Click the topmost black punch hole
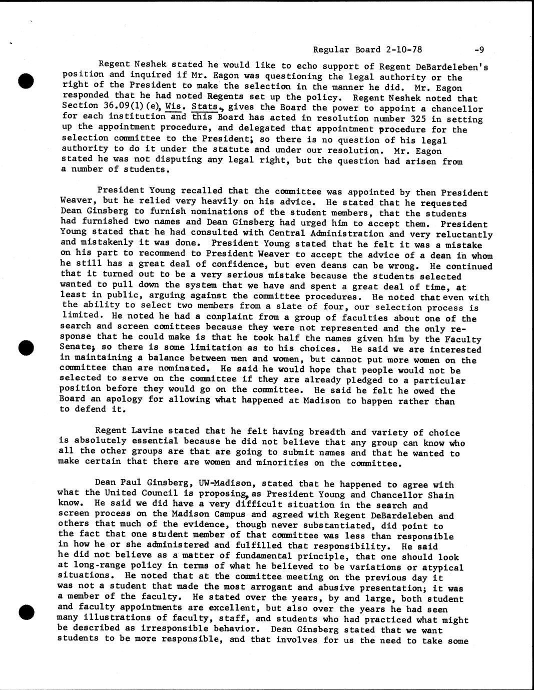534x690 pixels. (x=26, y=80)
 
